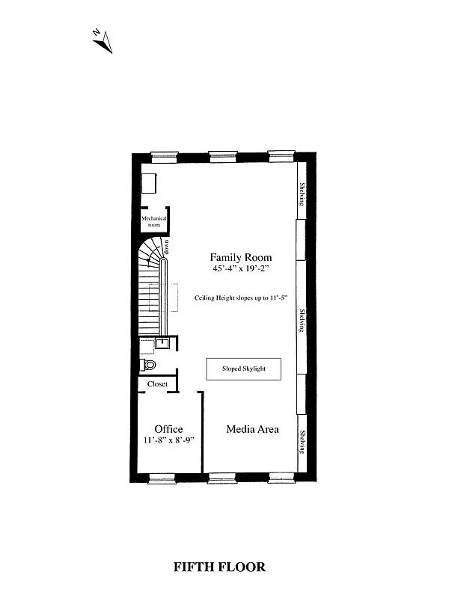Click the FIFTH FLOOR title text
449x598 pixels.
pyautogui.click(x=219, y=567)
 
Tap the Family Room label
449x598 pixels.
pyautogui.click(x=240, y=256)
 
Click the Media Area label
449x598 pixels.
pyautogui.click(x=253, y=429)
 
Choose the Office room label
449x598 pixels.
pyautogui.click(x=168, y=429)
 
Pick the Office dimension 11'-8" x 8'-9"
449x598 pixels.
pyautogui.click(x=168, y=440)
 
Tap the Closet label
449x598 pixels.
pyautogui.click(x=157, y=384)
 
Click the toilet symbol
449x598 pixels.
pyautogui.click(x=148, y=366)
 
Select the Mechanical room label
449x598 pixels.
pyautogui.click(x=154, y=221)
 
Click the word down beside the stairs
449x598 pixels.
pyautogui.click(x=168, y=248)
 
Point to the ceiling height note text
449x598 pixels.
pyautogui.click(x=240, y=298)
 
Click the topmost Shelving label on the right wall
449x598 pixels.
pyautogui.click(x=302, y=197)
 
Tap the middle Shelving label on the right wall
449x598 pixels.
pyautogui.click(x=302, y=323)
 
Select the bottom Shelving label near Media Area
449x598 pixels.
pyautogui.click(x=302, y=442)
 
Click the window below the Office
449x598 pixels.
pyautogui.click(x=161, y=478)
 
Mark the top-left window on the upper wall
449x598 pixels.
pyautogui.click(x=163, y=156)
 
